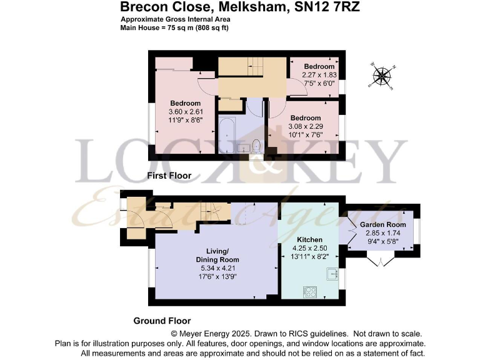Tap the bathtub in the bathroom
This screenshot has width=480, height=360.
(x=226, y=137)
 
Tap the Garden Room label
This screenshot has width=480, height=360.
(x=382, y=224)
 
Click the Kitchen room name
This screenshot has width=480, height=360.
(x=310, y=239)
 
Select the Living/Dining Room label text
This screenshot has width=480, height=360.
(x=216, y=255)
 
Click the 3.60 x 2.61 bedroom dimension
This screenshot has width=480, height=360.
(x=186, y=112)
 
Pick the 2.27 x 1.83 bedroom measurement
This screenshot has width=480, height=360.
(x=319, y=74)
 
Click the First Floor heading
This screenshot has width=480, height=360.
(x=169, y=176)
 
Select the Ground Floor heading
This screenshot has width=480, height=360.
(x=162, y=321)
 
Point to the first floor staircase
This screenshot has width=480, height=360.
(x=252, y=66)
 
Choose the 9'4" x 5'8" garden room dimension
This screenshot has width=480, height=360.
(x=382, y=241)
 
